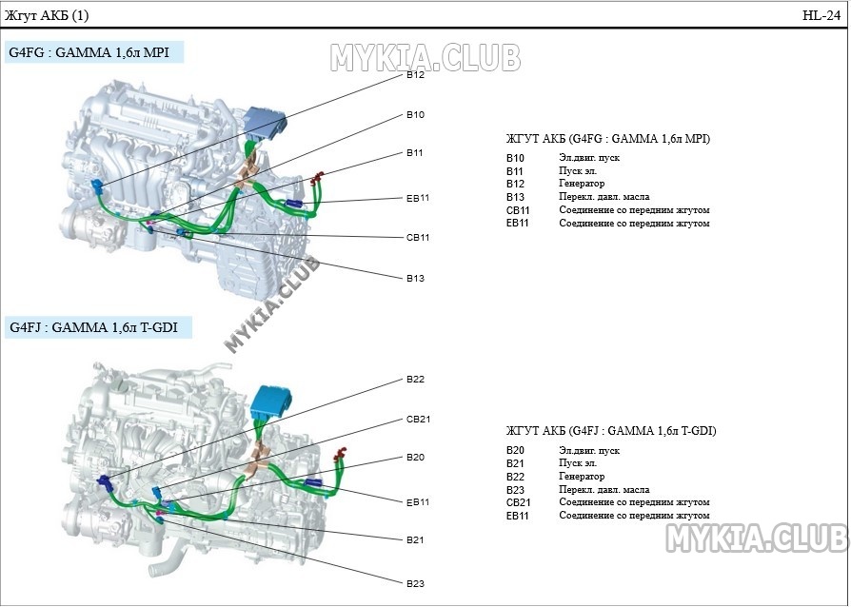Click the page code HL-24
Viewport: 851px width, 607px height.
pos(821,15)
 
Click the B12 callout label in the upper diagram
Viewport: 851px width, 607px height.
pos(415,75)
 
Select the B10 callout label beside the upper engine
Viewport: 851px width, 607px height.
pos(415,114)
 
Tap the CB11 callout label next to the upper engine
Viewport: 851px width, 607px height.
pos(418,237)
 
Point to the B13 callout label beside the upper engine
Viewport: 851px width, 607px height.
pos(415,278)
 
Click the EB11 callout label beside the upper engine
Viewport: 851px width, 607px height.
pos(418,198)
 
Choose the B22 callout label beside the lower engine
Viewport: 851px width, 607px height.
pos(415,380)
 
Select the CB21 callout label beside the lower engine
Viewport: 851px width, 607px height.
pos(418,419)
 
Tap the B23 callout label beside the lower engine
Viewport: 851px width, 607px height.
pos(415,583)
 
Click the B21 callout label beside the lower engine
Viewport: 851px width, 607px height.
pos(415,539)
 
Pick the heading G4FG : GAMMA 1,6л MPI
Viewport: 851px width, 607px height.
pos(89,52)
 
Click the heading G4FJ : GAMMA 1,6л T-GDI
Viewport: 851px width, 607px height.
pos(94,327)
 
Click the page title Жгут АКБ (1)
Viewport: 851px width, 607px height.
pos(46,15)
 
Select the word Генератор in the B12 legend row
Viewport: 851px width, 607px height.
pos(582,184)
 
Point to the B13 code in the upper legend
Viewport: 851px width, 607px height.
pos(515,197)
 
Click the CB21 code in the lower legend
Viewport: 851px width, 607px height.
pos(518,502)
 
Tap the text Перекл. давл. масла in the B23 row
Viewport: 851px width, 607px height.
pos(604,489)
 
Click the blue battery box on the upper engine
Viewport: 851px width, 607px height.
pos(265,123)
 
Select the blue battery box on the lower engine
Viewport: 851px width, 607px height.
pos(271,402)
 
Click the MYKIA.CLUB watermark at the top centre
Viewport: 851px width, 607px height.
pos(425,57)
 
